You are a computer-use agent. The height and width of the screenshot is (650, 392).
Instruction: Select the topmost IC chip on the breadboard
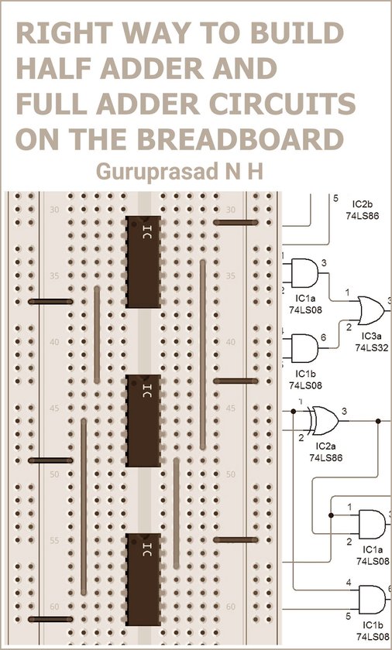coord(143,262)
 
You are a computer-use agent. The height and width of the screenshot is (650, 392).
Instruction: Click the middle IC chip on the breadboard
coord(143,420)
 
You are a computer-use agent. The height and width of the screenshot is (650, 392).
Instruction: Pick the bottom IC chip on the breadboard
coord(143,579)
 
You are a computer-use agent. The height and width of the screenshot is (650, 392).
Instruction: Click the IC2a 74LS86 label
coord(325,453)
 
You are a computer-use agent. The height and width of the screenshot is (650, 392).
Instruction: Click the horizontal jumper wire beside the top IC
coord(235,222)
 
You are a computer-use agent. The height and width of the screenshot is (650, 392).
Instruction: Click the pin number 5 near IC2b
coord(335,199)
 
